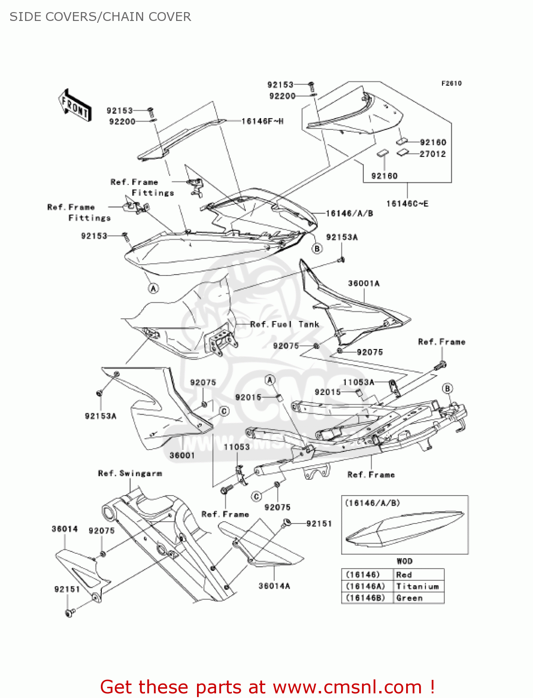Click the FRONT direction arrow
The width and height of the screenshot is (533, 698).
click(x=74, y=106)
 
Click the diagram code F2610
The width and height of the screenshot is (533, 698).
click(x=451, y=83)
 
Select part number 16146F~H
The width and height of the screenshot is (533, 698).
click(x=263, y=121)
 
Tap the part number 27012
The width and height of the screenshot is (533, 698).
click(x=433, y=154)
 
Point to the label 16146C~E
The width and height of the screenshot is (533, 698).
click(x=407, y=203)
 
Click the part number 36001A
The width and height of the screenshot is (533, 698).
click(x=364, y=283)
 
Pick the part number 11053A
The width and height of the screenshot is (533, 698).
click(x=358, y=382)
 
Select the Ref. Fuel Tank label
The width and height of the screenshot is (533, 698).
click(x=284, y=324)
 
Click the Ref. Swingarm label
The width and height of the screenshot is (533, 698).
click(x=130, y=473)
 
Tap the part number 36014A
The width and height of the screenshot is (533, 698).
click(x=274, y=586)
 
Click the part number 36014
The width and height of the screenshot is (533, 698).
click(x=65, y=529)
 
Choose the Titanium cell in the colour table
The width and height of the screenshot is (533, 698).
click(x=417, y=586)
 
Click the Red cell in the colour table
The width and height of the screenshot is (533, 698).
click(x=404, y=575)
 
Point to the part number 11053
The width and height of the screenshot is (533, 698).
click(x=237, y=447)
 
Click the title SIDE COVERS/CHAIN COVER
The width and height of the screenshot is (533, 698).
click(x=100, y=17)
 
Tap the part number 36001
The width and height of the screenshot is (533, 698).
click(x=182, y=455)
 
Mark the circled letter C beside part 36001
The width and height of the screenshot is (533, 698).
click(x=224, y=411)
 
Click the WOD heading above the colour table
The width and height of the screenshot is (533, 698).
click(x=404, y=561)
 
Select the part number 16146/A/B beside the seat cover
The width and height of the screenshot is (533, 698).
click(x=349, y=214)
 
